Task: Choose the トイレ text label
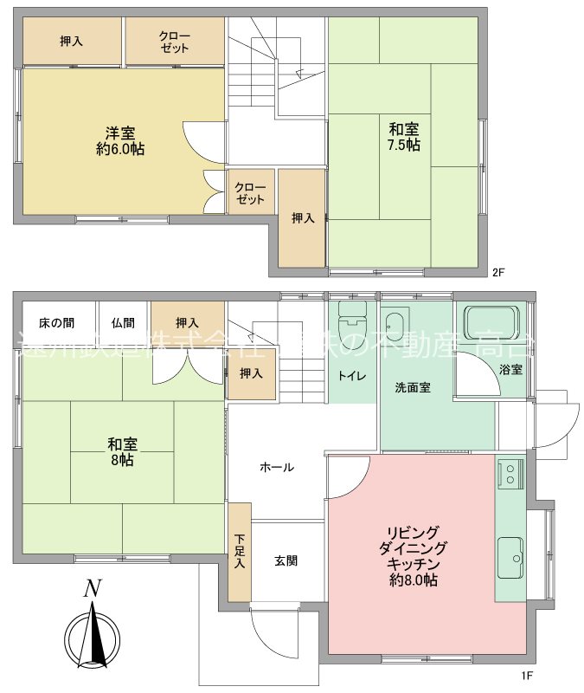click(x=351, y=376)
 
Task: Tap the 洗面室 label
click(x=413, y=387)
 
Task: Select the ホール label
click(x=277, y=467)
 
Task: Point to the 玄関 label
click(x=286, y=560)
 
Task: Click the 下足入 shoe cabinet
click(x=240, y=551)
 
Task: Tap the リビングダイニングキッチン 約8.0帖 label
click(x=413, y=555)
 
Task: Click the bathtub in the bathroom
click(x=491, y=323)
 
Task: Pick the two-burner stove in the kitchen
click(x=510, y=473)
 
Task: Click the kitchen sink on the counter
click(x=510, y=554)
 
